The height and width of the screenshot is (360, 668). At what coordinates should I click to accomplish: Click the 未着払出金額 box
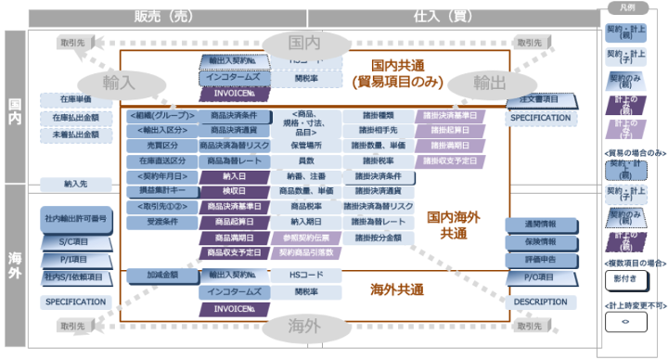tap(70, 135)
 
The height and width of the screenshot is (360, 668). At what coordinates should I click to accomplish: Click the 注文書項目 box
tap(540, 99)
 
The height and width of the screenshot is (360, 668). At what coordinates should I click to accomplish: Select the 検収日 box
tap(235, 191)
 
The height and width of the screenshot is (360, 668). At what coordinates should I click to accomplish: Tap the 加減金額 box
tap(162, 276)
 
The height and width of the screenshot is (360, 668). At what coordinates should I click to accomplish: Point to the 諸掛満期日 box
tap(450, 146)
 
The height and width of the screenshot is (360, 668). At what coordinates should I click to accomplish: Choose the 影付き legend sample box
tap(623, 278)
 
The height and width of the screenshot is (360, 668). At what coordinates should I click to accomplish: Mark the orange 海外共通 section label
tap(396, 289)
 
